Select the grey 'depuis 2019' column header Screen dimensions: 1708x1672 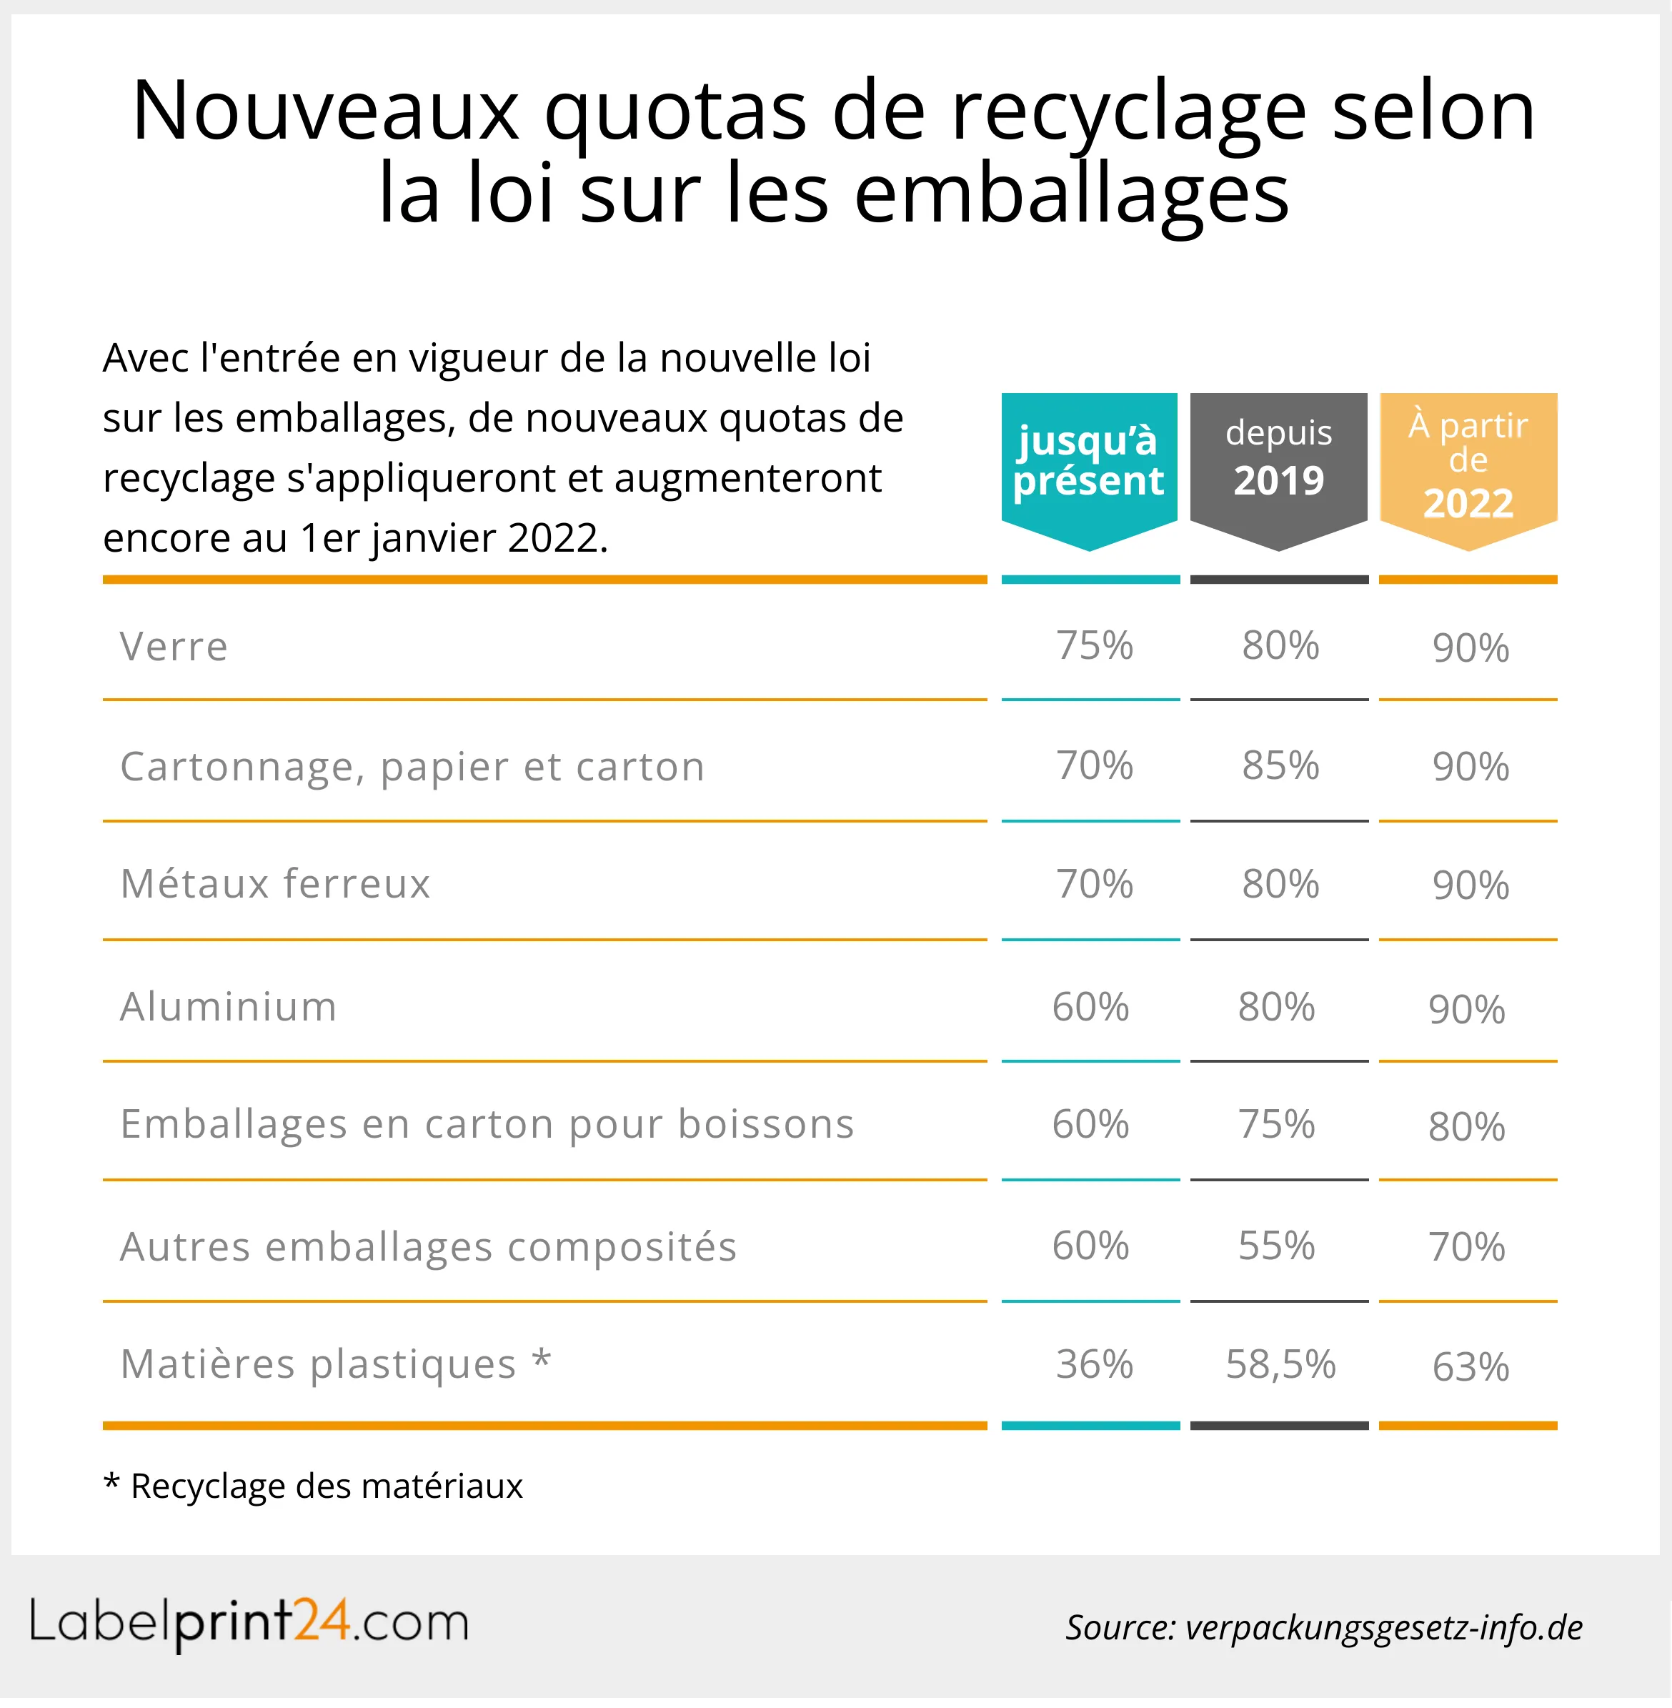click(1278, 460)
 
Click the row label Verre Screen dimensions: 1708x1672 click(174, 647)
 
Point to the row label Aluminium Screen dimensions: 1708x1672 click(229, 1007)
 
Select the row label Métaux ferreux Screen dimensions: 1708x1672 click(275, 884)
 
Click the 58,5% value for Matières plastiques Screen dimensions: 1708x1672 click(1280, 1365)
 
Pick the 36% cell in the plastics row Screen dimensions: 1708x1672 click(1094, 1365)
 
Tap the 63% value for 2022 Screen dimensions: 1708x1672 click(1470, 1367)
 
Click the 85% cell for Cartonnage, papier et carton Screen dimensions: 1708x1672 click(1280, 766)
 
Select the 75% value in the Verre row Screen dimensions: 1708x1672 click(1094, 646)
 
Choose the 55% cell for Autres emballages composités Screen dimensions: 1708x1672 click(1277, 1246)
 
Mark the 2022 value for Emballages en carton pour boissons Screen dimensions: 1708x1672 click(1466, 1128)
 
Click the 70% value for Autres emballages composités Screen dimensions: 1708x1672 click(1466, 1248)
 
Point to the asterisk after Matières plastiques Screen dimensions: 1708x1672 click(542, 1360)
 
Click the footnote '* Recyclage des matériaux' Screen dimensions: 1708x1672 click(314, 1486)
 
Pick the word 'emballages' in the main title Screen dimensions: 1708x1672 click(1071, 195)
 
